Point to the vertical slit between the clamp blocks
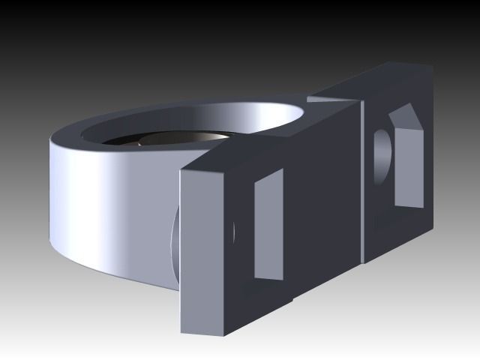pyautogui.click(x=362, y=180)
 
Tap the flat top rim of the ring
pyautogui.click(x=187, y=112)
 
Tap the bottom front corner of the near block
pyautogui.click(x=181, y=331)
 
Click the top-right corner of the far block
pyautogui.click(x=431, y=67)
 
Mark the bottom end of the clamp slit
pyautogui.click(x=364, y=259)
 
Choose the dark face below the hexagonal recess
pyautogui.click(x=405, y=225)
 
